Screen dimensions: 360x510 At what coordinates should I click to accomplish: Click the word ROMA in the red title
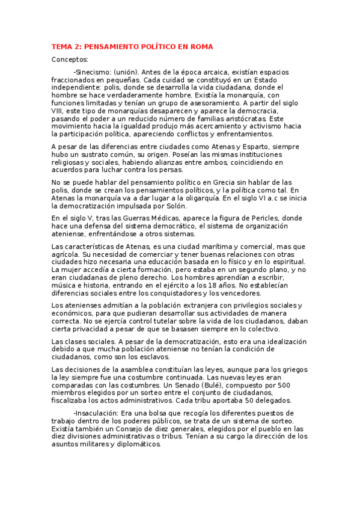[x=201, y=46]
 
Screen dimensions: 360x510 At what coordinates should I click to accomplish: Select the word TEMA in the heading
[x=62, y=46]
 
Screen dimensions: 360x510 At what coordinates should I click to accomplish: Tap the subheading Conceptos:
[x=70, y=59]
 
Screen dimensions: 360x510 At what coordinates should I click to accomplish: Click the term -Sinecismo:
[x=92, y=72]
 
